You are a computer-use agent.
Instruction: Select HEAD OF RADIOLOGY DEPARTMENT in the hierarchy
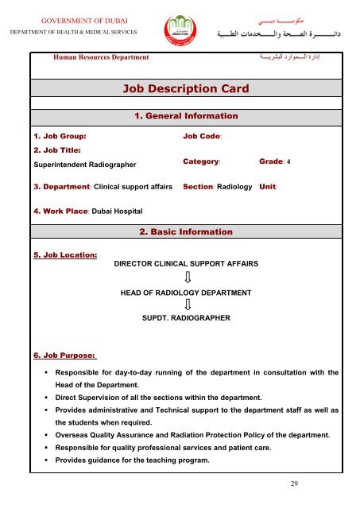pos(186,293)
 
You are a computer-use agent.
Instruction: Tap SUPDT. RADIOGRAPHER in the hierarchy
pos(186,318)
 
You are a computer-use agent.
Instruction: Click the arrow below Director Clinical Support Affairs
pos(188,278)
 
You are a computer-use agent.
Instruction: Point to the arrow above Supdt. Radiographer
pos(188,305)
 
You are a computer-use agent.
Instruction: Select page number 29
pos(296,483)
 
